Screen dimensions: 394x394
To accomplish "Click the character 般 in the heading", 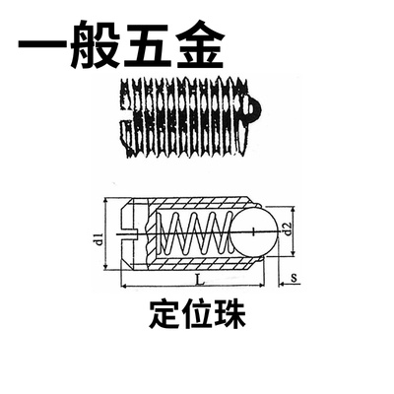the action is click(x=95, y=45).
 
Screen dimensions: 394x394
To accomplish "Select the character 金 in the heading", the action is click(x=198, y=45).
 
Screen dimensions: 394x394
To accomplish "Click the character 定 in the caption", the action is click(x=164, y=314).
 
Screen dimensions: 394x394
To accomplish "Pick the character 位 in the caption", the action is click(x=197, y=314).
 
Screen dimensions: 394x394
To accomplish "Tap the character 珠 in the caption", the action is click(x=230, y=314).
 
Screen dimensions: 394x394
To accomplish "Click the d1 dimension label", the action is click(x=99, y=238).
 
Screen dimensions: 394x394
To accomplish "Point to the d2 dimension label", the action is click(x=288, y=229).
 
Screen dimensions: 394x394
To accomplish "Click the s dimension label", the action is click(x=294, y=278).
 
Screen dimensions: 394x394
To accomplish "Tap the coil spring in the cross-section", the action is click(x=194, y=232).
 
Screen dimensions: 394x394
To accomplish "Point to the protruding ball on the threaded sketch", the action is click(x=253, y=108).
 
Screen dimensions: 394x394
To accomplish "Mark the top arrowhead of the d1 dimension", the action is click(x=105, y=201).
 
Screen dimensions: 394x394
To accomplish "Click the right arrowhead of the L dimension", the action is click(x=261, y=287).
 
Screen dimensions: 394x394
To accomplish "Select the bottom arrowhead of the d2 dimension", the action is click(x=294, y=253).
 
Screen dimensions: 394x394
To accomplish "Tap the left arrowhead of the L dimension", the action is click(x=125, y=287).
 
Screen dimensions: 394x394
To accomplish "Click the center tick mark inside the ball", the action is click(x=255, y=231).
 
